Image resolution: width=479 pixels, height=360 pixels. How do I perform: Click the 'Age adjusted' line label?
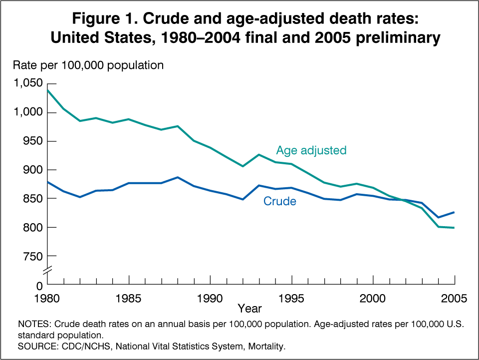311,150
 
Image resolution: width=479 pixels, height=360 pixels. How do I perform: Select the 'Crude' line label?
279,202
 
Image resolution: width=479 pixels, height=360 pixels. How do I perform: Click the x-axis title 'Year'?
249,309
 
